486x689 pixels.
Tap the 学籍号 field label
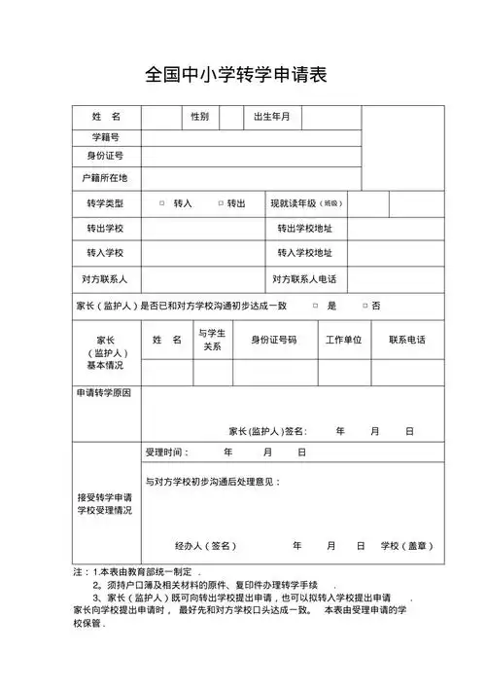click(x=106, y=137)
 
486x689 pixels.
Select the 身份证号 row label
click(x=106, y=157)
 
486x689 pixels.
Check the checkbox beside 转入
click(x=161, y=203)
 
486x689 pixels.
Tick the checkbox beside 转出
click(x=221, y=203)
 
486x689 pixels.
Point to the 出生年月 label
click(x=271, y=117)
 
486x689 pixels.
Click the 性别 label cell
click(x=199, y=117)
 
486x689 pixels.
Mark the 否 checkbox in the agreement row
click(x=364, y=306)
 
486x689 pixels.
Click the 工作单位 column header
click(x=343, y=341)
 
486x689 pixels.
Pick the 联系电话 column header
click(x=406, y=341)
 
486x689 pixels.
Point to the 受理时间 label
click(x=167, y=453)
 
